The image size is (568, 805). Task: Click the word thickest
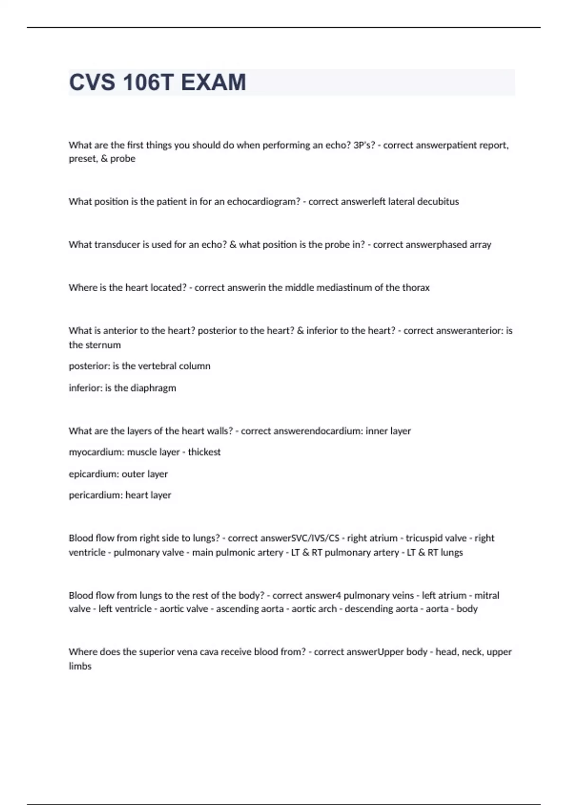(204, 452)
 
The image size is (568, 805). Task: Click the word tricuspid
(424, 538)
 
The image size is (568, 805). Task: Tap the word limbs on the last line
(80, 666)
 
